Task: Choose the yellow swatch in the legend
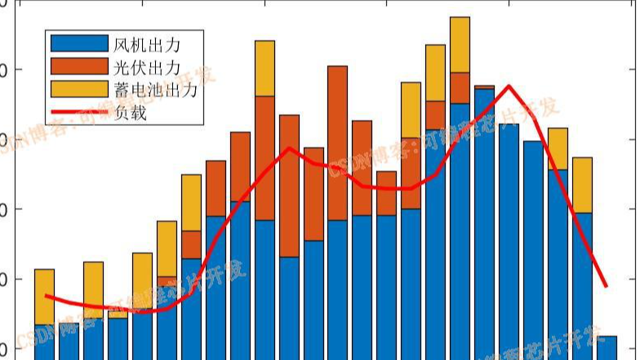(79, 89)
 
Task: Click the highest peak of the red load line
(509, 86)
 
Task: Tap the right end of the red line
(606, 287)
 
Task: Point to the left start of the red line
(46, 296)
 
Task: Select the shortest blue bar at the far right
(607, 347)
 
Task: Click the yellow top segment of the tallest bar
(460, 44)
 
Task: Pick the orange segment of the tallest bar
(460, 87)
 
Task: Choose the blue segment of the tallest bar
(460, 229)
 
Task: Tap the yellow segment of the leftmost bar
(44, 296)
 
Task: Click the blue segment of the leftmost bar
(44, 342)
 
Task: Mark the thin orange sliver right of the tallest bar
(484, 86)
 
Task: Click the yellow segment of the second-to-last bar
(582, 184)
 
